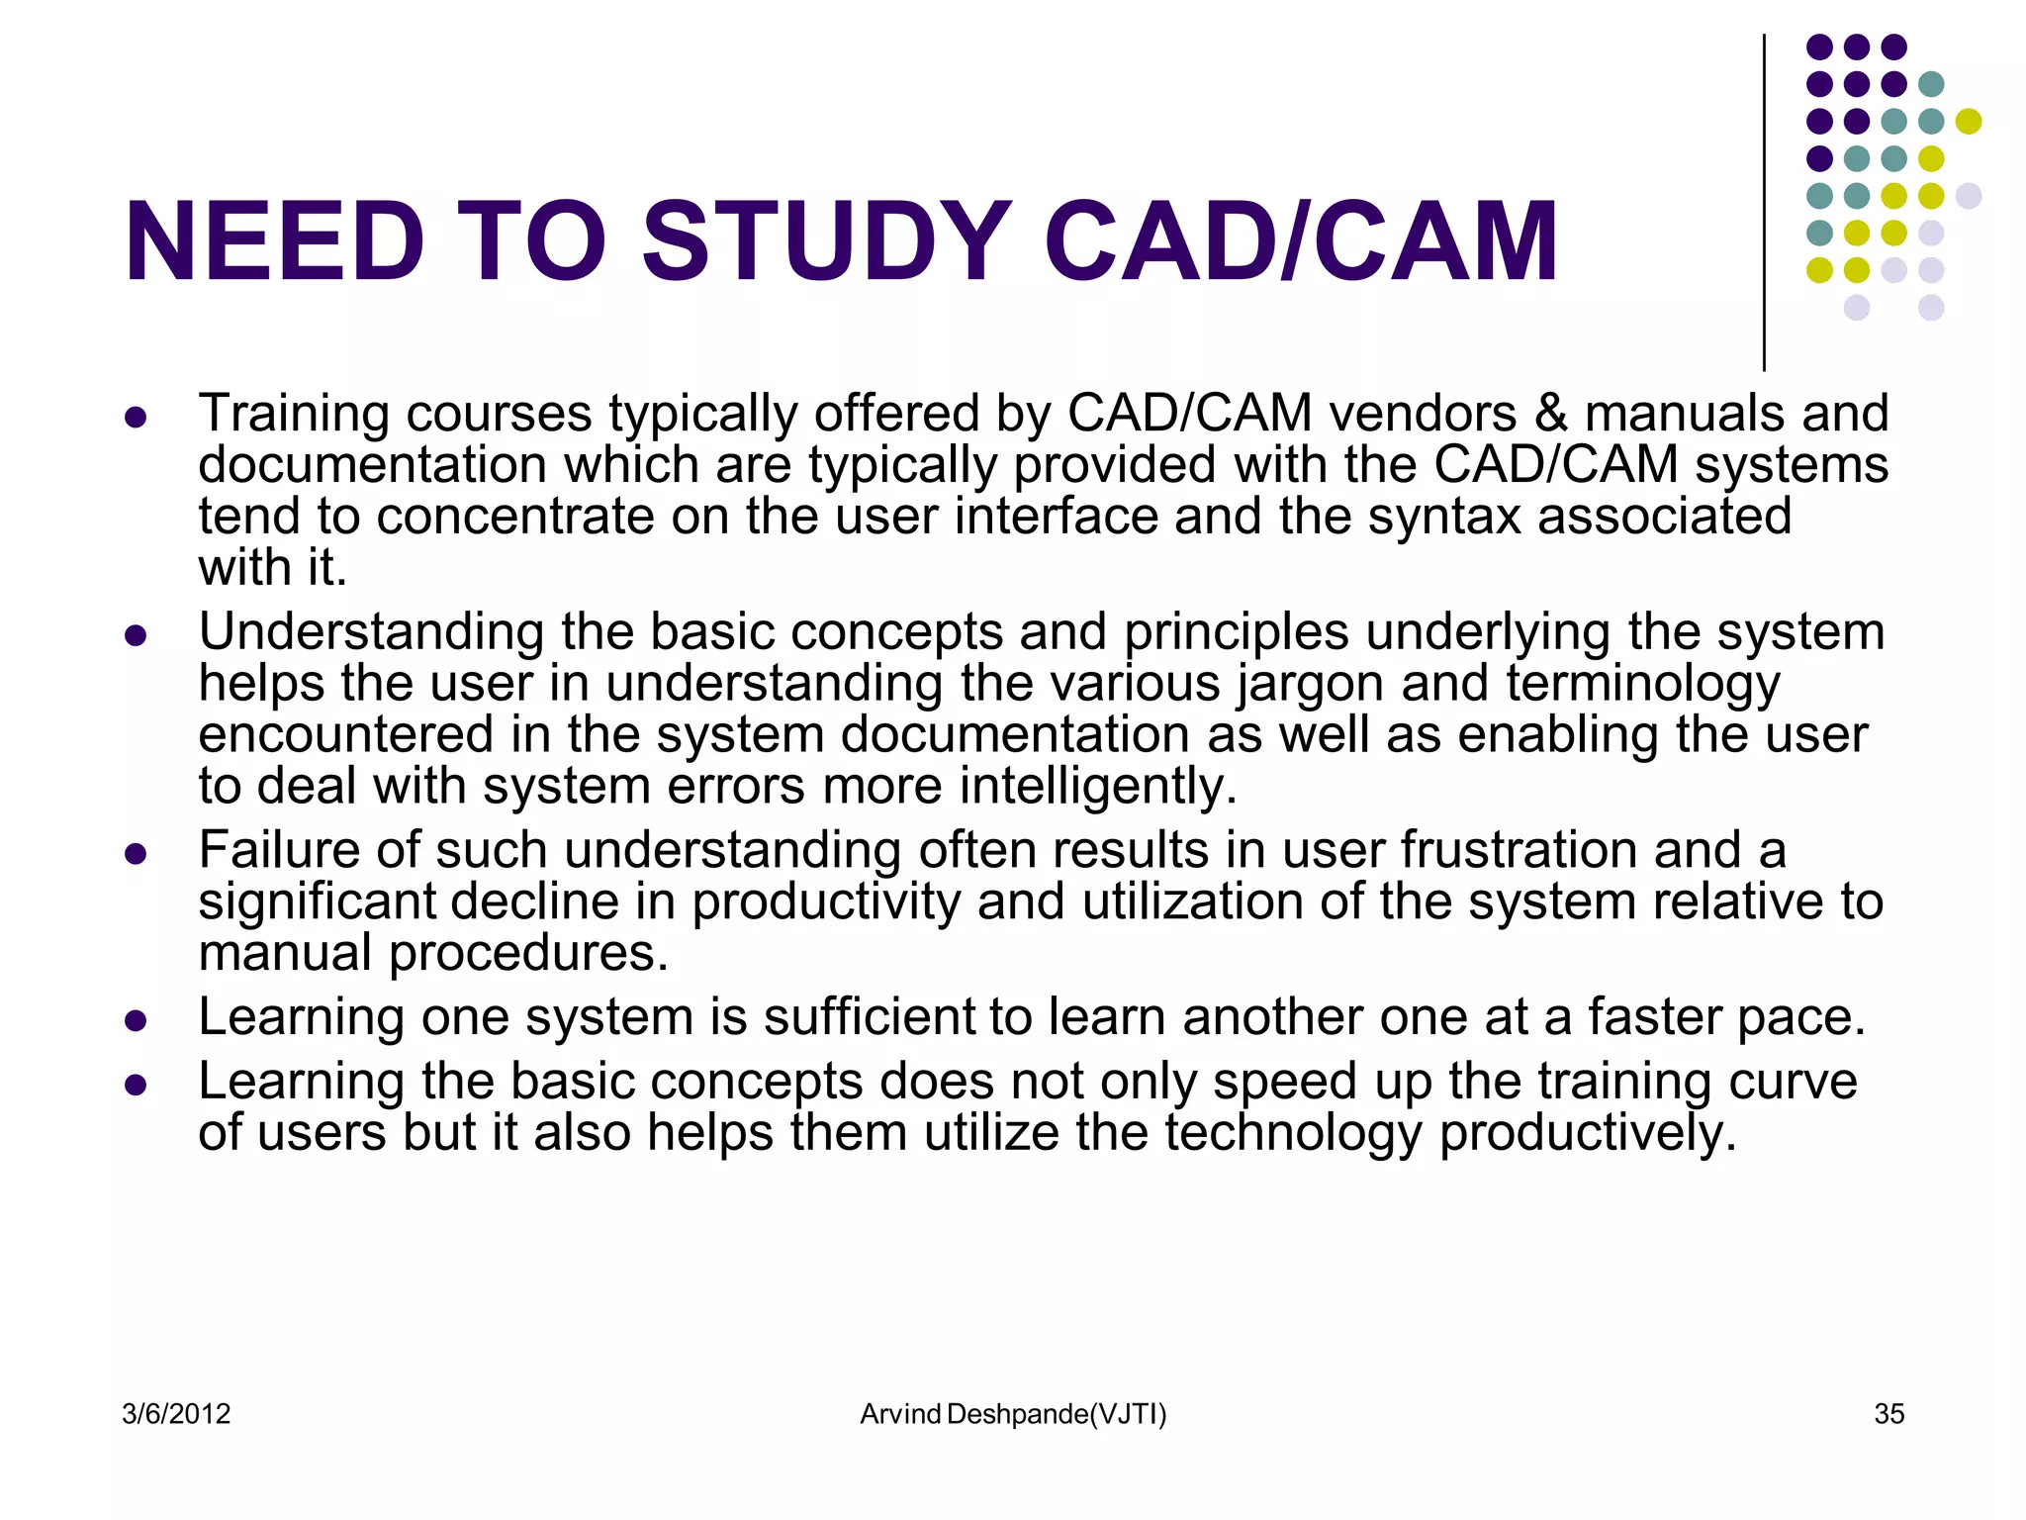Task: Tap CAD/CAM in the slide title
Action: pos(1300,241)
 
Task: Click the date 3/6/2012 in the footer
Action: pos(176,1414)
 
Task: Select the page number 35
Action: pos(1888,1414)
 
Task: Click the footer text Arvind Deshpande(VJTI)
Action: pos(1013,1414)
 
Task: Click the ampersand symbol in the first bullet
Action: pos(1551,414)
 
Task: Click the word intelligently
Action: pos(1098,787)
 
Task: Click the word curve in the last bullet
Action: pos(1793,1081)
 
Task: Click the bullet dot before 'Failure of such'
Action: pos(136,853)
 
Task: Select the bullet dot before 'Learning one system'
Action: pos(136,1020)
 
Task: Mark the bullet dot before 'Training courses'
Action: pos(136,417)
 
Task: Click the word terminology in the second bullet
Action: pos(1642,684)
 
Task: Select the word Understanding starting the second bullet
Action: pos(371,632)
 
